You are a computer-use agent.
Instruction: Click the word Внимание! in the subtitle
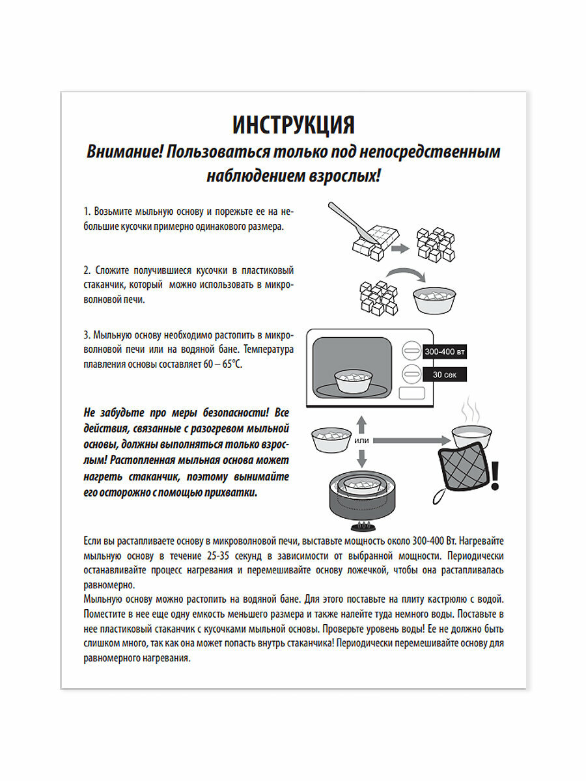pos(124,152)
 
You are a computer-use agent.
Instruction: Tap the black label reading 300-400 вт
pos(445,351)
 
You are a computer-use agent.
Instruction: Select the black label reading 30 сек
pos(445,374)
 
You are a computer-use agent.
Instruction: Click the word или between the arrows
pos(362,441)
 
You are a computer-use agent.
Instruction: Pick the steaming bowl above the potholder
pos(473,433)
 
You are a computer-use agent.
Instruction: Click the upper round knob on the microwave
pos(412,352)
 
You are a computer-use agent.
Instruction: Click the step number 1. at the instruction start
pos(87,212)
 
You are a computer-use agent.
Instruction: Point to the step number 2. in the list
pos(87,270)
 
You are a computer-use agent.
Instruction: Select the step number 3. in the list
pos(87,335)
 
